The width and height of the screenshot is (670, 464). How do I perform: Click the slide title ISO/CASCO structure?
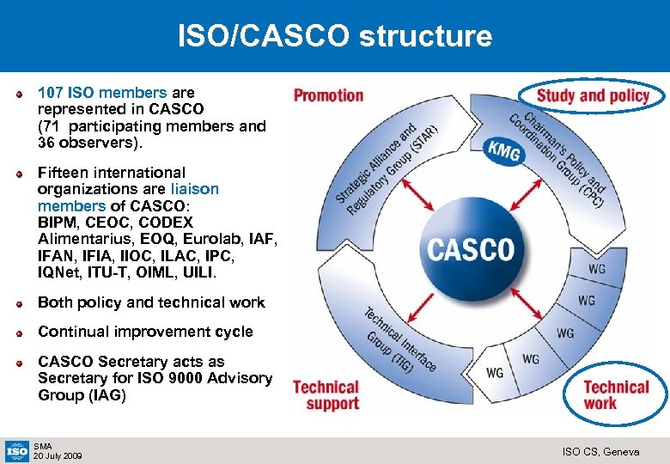tap(335, 36)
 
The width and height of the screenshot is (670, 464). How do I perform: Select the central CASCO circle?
tap(471, 250)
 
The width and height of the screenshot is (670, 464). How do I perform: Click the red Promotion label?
tap(328, 95)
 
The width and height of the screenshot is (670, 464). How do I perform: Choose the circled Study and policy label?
tap(593, 95)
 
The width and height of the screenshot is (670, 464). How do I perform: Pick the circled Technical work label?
tap(616, 394)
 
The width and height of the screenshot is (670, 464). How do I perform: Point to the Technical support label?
tap(326, 395)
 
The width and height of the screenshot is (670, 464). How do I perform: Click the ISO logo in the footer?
tap(16, 449)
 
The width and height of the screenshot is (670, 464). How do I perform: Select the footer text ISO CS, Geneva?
tap(600, 451)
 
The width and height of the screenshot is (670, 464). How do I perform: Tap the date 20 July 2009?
tap(58, 455)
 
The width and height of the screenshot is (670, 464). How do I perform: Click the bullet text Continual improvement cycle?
tap(145, 332)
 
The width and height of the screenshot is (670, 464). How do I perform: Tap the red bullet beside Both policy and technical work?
tap(19, 302)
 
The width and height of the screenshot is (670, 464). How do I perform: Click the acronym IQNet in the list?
tap(61, 272)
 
